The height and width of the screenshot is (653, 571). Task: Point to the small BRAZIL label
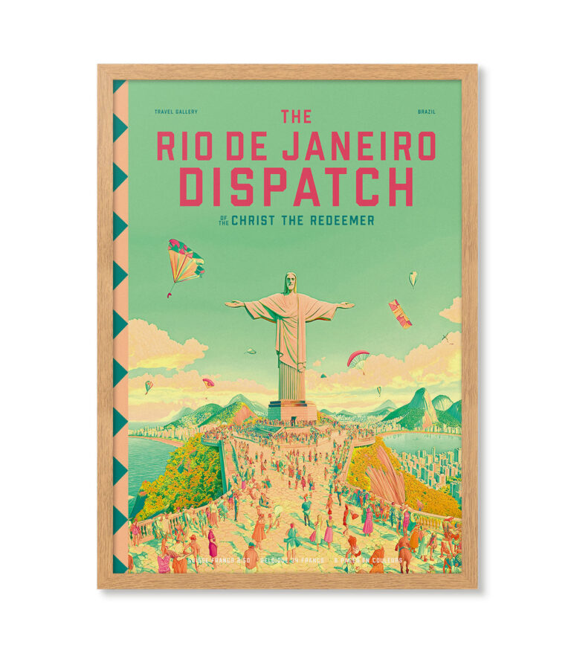426,112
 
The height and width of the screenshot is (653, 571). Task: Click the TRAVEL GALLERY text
176,112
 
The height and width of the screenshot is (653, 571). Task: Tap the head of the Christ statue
289,283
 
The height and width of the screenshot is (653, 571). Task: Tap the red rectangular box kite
400,312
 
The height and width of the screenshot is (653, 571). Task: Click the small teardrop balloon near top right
413,278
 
